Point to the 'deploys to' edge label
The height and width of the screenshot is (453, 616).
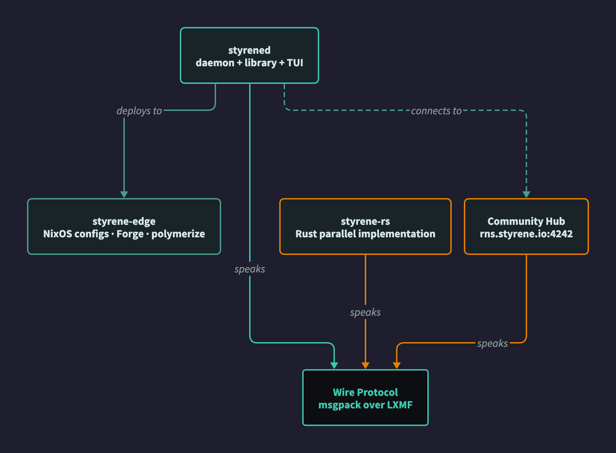(139, 111)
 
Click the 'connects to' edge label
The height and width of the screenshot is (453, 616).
(436, 111)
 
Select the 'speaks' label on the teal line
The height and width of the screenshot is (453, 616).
(250, 269)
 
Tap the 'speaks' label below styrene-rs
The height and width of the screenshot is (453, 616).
(365, 312)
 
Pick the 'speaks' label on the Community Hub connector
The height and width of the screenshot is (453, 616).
(492, 343)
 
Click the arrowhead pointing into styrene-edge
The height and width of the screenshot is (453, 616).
(124, 194)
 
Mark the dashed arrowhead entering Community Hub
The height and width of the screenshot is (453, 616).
(526, 194)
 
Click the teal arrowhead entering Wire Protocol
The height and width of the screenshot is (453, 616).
(334, 365)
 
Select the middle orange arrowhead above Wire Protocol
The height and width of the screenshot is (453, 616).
(365, 365)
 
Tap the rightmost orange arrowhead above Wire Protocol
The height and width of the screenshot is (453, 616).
(397, 365)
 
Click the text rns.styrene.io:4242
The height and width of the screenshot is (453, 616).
(526, 234)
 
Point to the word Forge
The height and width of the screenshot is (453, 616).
(130, 234)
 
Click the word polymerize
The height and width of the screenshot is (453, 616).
(178, 234)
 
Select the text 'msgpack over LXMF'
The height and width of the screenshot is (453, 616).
(365, 405)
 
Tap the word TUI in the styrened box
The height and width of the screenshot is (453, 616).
(295, 63)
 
